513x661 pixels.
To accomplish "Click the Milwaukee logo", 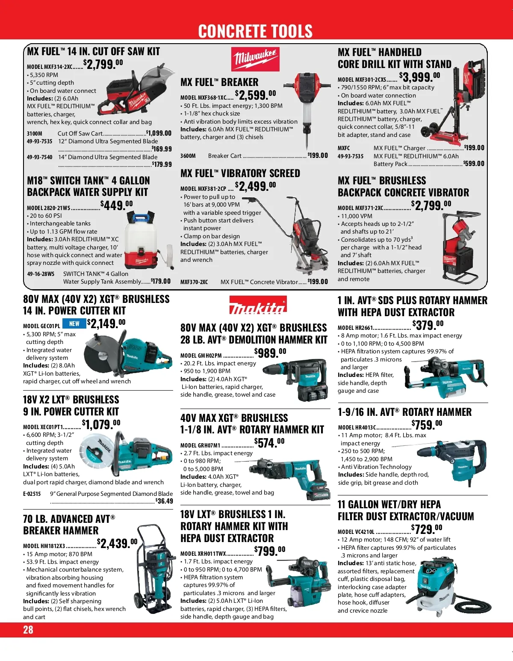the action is (x=255, y=59).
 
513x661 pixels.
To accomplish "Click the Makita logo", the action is (x=258, y=305).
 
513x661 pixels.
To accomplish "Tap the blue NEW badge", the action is (x=74, y=323).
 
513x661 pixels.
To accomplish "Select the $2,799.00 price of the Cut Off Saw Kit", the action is (x=103, y=65).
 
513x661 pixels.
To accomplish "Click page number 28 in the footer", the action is (x=28, y=629).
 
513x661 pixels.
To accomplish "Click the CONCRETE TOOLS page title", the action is (x=255, y=31).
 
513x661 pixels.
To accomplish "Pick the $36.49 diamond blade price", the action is (x=164, y=501).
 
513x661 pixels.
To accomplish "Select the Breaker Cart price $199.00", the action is (x=318, y=155).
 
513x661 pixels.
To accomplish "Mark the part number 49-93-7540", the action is (x=39, y=157).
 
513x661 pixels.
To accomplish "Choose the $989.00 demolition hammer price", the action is (x=270, y=353).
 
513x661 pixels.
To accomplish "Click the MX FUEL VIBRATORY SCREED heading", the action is (x=240, y=173).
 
